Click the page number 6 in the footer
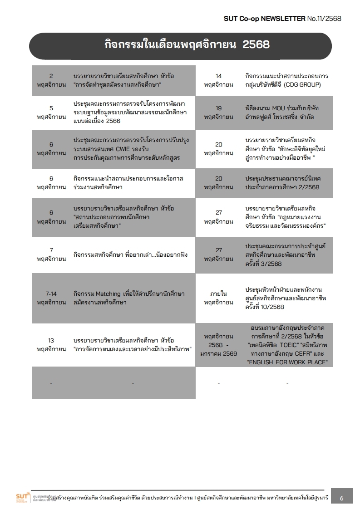341,498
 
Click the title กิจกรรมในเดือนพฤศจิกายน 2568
187,45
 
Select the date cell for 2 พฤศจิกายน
51,80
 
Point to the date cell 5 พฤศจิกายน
51,113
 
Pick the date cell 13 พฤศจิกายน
51,345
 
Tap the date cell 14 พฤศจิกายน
218,80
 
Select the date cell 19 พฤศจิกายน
218,113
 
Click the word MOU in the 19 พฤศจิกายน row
277,108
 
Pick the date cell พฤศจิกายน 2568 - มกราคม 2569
218,345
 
